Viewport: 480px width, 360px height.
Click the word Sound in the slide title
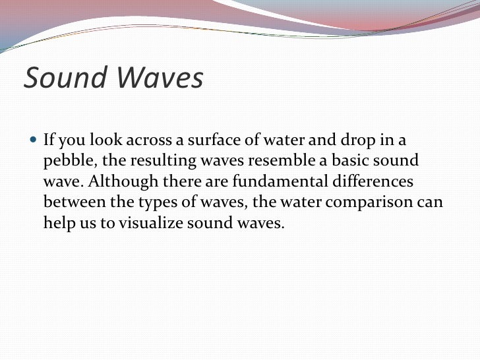pyautogui.click(x=64, y=78)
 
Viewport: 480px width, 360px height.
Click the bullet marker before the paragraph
pyautogui.click(x=34, y=140)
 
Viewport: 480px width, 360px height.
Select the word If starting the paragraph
pyautogui.click(x=49, y=140)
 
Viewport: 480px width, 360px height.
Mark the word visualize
pyautogui.click(x=152, y=223)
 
